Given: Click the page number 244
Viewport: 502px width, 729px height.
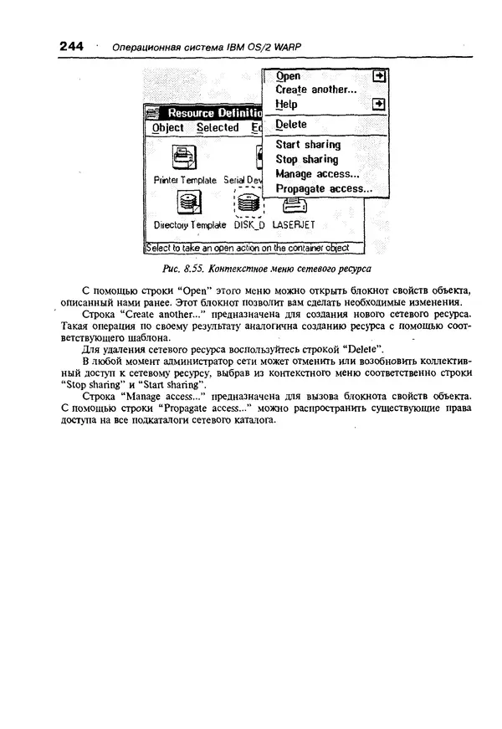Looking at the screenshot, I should click(72, 48).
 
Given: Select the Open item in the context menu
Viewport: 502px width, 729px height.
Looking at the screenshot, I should click(288, 75).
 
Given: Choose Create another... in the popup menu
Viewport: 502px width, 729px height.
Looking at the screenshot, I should click(315, 90).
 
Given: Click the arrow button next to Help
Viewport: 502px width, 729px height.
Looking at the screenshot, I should click(379, 105).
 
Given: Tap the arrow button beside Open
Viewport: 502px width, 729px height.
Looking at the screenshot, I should click(379, 75).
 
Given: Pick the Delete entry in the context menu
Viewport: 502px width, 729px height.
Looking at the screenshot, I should click(291, 124).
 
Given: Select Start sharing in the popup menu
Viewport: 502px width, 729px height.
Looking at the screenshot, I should click(308, 145).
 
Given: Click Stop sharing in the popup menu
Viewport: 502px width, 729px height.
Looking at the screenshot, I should click(307, 159).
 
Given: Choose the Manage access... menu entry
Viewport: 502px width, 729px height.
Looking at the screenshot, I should click(317, 174).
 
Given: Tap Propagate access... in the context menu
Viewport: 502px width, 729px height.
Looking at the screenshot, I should click(324, 189).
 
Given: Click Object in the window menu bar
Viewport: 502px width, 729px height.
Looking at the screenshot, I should click(167, 128).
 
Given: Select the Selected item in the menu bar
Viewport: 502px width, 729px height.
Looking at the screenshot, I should click(217, 128).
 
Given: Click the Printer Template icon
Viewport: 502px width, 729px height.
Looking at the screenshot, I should click(183, 157).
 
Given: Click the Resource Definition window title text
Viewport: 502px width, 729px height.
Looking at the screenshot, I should click(213, 113).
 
